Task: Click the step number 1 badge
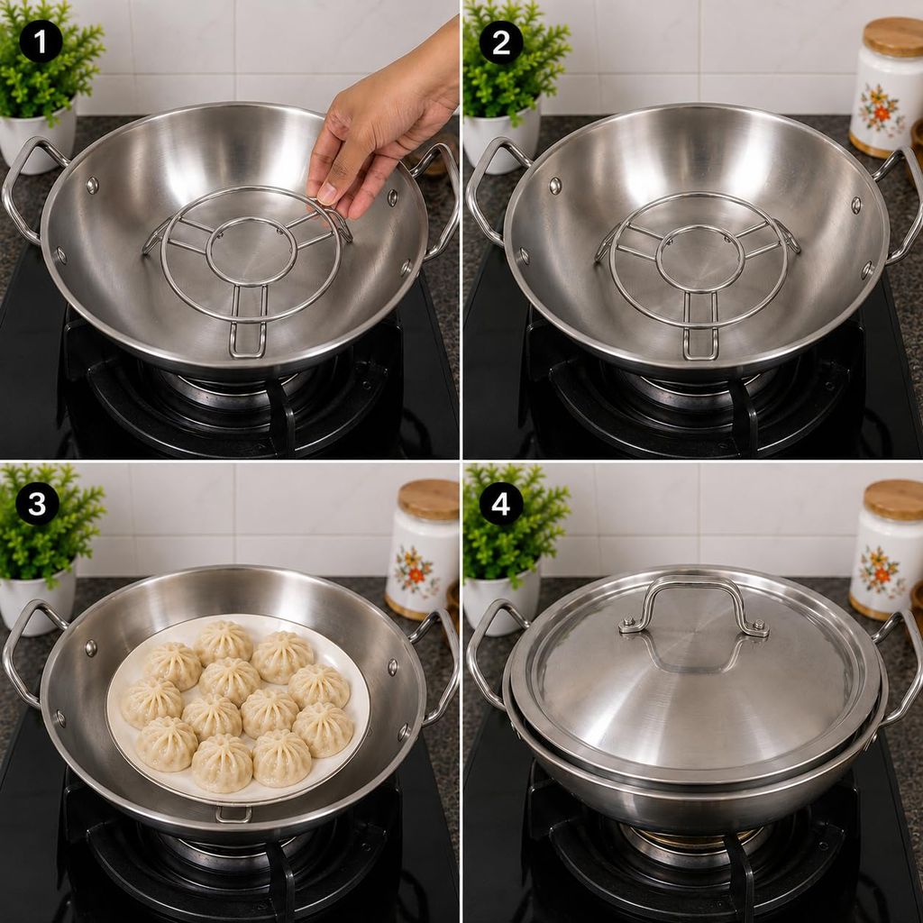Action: pyautogui.click(x=41, y=41)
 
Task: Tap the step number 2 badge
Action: pyautogui.click(x=501, y=41)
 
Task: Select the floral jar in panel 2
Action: pyautogui.click(x=886, y=88)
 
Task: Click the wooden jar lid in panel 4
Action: pyautogui.click(x=893, y=499)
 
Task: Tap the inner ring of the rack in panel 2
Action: pyautogui.click(x=698, y=259)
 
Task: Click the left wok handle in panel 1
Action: pyautogui.click(x=26, y=188)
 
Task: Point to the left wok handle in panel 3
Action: pyautogui.click(x=26, y=651)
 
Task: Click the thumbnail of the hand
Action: pyautogui.click(x=326, y=193)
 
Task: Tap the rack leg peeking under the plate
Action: pyautogui.click(x=233, y=814)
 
